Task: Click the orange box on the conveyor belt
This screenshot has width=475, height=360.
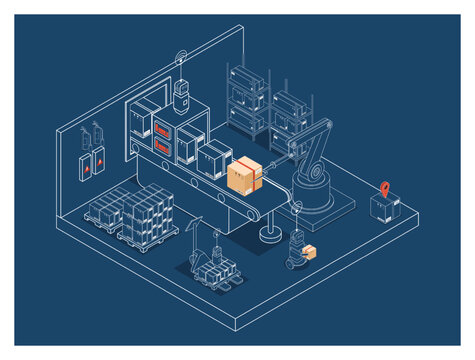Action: click(x=245, y=177)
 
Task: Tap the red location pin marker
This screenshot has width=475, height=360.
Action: click(x=385, y=187)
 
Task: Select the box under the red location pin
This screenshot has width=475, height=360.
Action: click(x=384, y=207)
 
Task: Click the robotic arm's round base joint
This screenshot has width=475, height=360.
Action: click(x=313, y=172)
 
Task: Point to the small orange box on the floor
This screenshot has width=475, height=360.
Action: click(x=310, y=252)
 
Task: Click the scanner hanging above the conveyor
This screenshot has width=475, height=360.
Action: click(x=182, y=96)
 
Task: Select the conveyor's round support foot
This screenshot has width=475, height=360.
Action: click(x=268, y=236)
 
